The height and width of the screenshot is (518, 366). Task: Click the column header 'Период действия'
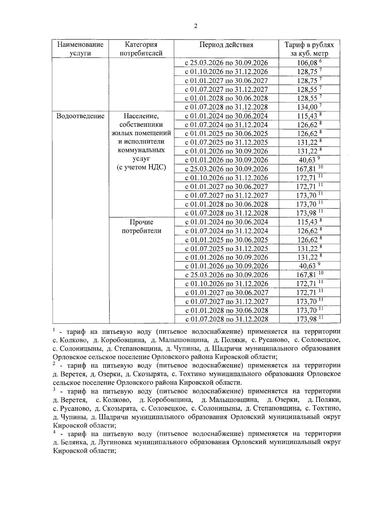coord(226,45)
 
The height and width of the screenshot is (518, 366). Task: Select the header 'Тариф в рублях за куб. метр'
coord(309,49)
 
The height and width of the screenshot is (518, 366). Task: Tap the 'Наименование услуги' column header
coord(81,49)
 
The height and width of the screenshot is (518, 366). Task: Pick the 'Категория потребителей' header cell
coord(141,49)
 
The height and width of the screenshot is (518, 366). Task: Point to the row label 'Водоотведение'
coord(81,116)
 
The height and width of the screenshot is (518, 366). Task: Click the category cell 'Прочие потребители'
coord(141,226)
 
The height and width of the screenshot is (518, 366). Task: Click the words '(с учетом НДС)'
coord(141,167)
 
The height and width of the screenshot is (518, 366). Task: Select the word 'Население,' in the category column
coord(141,116)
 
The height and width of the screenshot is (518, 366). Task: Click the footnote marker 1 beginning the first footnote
coord(54,330)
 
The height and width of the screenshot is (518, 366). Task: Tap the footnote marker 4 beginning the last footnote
coord(54,432)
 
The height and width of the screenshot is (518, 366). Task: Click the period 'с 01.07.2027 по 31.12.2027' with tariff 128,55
coord(226,90)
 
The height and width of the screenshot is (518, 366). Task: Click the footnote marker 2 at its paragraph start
coord(54,364)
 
